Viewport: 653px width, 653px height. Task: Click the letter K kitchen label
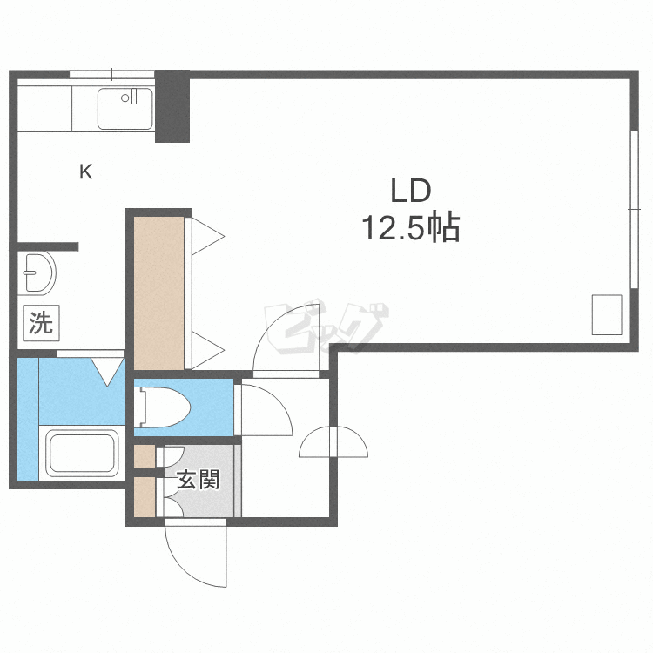pyautogui.click(x=86, y=172)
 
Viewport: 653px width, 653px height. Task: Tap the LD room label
pyautogui.click(x=411, y=191)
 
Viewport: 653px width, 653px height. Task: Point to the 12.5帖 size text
pyautogui.click(x=411, y=228)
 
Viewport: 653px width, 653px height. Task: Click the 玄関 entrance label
pyautogui.click(x=199, y=480)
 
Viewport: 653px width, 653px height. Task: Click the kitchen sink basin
pyautogui.click(x=125, y=108)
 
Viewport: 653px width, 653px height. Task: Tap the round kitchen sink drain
pyautogui.click(x=125, y=98)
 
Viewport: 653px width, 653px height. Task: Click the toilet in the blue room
pyautogui.click(x=163, y=407)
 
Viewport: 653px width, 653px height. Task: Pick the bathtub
pyautogui.click(x=83, y=453)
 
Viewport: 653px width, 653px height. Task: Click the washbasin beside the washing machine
pyautogui.click(x=37, y=273)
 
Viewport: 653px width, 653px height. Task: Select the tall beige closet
pyautogui.click(x=159, y=293)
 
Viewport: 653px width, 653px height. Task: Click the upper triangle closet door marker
pyautogui.click(x=208, y=236)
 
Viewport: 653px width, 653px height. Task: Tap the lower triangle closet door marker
pyautogui.click(x=208, y=350)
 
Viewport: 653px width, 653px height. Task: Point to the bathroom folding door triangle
pyautogui.click(x=107, y=372)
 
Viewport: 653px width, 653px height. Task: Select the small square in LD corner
pyautogui.click(x=607, y=314)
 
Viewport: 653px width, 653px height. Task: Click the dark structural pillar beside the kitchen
pyautogui.click(x=172, y=106)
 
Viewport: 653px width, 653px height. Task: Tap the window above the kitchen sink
pyautogui.click(x=111, y=75)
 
